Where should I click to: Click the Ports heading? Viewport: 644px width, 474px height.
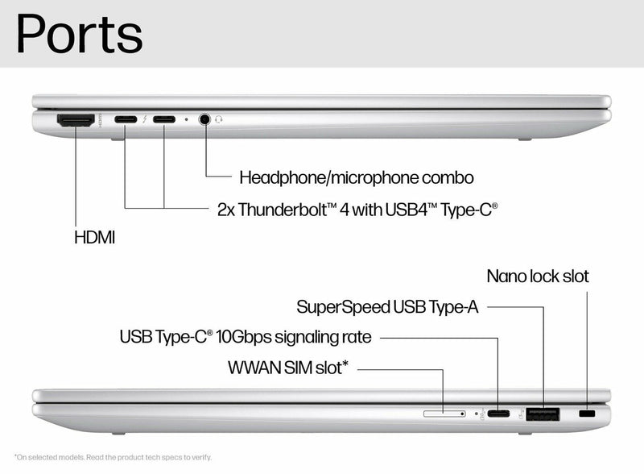click(79, 34)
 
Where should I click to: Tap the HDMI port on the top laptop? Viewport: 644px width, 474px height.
click(75, 120)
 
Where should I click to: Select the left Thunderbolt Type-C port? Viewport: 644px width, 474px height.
click(126, 120)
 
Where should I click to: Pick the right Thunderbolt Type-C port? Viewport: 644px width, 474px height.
click(164, 120)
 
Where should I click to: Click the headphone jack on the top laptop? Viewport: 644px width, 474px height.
click(205, 119)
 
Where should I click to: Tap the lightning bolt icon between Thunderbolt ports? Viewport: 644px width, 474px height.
click(145, 120)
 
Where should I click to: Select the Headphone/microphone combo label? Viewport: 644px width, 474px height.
click(357, 177)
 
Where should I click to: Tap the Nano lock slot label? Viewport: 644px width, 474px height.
click(538, 276)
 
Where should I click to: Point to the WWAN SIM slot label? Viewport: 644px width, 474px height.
click(288, 368)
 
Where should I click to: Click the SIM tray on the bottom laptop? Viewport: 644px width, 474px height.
click(444, 414)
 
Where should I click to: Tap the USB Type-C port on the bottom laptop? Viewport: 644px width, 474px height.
click(498, 414)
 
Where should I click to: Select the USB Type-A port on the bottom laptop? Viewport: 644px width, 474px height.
click(543, 414)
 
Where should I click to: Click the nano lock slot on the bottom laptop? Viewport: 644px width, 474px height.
click(588, 414)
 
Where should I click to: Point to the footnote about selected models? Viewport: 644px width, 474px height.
click(114, 457)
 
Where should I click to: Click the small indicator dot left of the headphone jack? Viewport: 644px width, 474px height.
click(187, 119)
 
